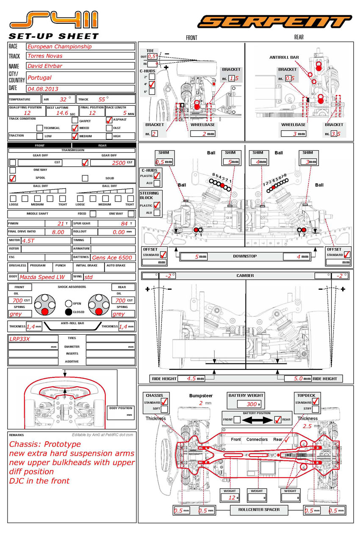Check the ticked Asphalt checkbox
tap(109, 120)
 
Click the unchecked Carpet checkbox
tap(75, 121)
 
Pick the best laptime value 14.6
tap(62, 113)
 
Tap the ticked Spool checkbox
tap(13, 178)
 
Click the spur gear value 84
tap(124, 223)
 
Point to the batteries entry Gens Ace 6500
tap(112, 257)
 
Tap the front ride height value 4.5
tap(191, 379)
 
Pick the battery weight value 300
tap(252, 404)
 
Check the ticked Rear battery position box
tap(278, 420)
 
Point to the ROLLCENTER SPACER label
tap(259, 509)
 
